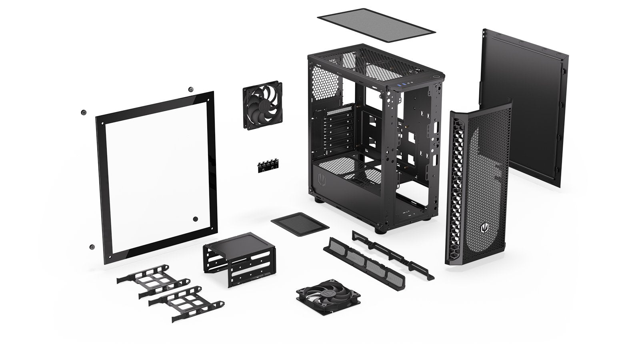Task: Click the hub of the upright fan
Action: click(x=262, y=107)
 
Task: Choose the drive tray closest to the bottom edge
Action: click(x=186, y=306)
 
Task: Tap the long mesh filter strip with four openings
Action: click(x=364, y=260)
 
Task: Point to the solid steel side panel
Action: click(x=524, y=108)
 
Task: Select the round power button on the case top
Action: click(x=437, y=78)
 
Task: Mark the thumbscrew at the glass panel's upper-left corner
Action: click(x=84, y=112)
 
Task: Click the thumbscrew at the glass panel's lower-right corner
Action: click(x=196, y=219)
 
